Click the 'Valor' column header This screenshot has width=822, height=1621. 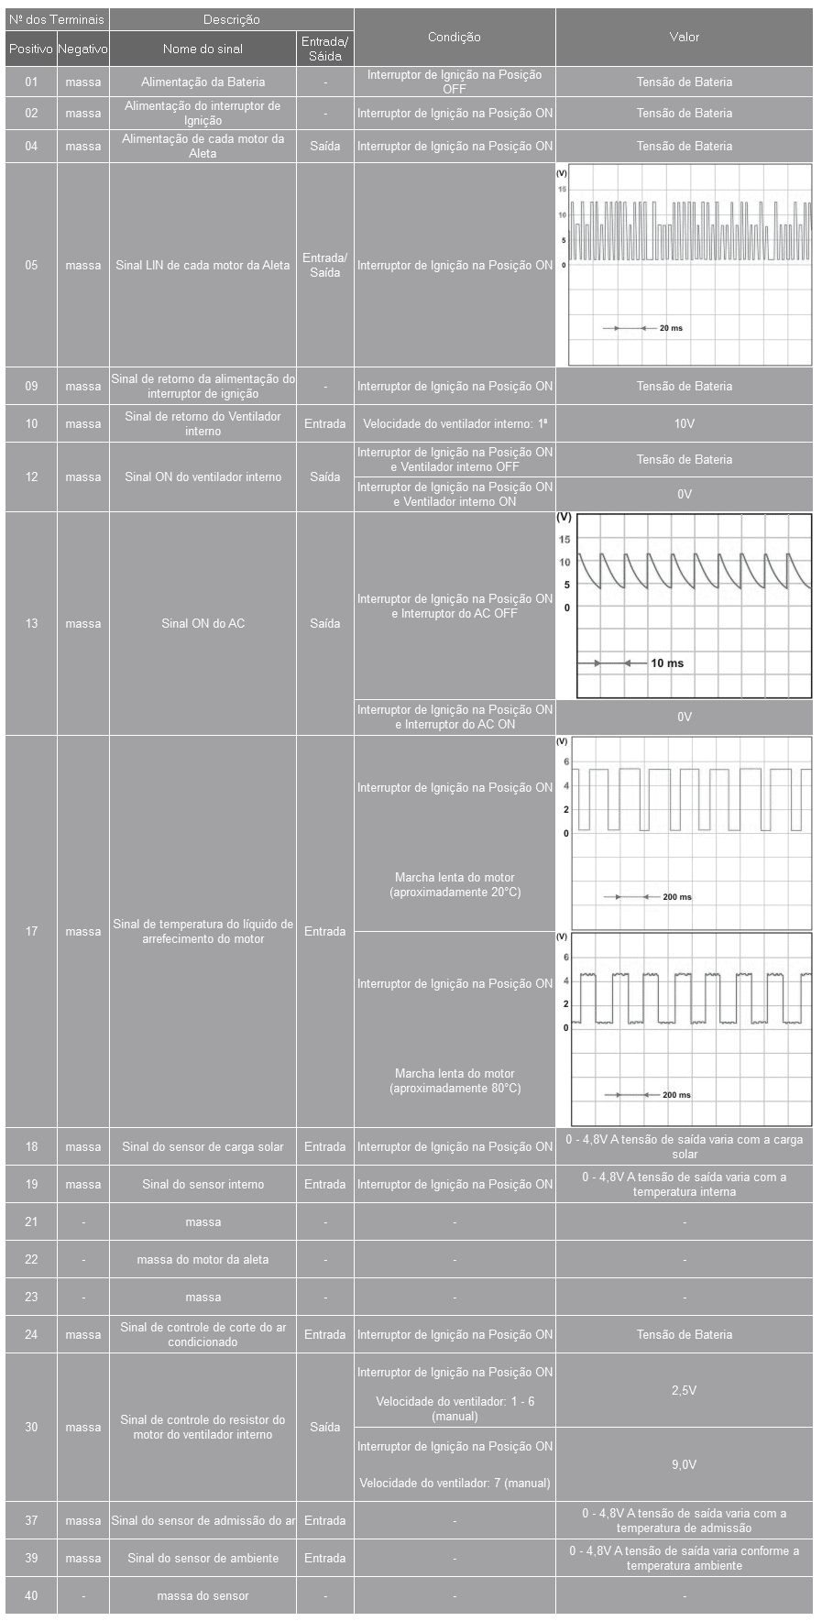click(x=684, y=38)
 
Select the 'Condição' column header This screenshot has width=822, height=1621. click(x=454, y=38)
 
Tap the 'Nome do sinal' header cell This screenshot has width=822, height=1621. click(x=203, y=49)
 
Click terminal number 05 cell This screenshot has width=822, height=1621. click(x=31, y=266)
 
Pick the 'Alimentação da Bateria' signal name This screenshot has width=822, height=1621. click(x=203, y=82)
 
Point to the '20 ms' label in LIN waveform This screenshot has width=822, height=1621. click(x=671, y=328)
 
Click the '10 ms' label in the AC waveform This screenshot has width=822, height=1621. click(x=667, y=663)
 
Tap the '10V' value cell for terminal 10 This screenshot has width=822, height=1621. click(x=684, y=424)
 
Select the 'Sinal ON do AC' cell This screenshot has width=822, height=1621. click(x=203, y=624)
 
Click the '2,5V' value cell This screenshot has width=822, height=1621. click(x=684, y=1390)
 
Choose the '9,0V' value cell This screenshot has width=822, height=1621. click(x=684, y=1464)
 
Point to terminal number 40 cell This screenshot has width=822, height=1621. click(x=31, y=1595)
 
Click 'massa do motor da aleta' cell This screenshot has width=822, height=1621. click(x=203, y=1260)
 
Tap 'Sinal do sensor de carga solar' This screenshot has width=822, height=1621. click(x=203, y=1147)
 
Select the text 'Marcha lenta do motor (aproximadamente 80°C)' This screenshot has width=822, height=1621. click(x=455, y=1081)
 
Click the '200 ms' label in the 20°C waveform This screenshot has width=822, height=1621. click(x=677, y=897)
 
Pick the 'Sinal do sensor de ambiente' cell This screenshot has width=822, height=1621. click(x=203, y=1558)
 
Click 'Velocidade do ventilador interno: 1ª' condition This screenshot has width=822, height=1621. click(x=455, y=424)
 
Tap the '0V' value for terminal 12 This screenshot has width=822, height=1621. click(x=684, y=495)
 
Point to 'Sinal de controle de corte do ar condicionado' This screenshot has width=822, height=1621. click(x=203, y=1335)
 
